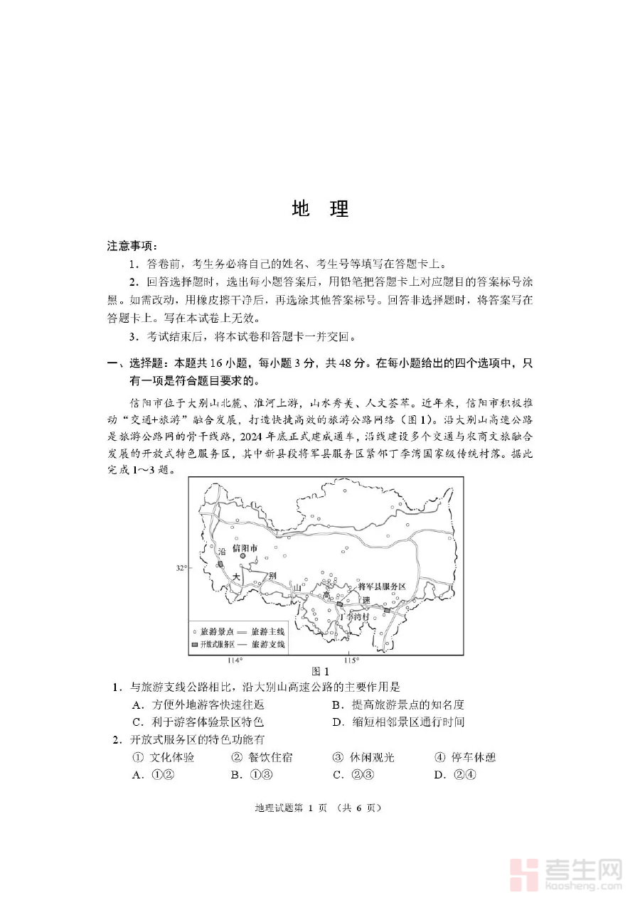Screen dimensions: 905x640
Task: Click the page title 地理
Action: click(x=320, y=209)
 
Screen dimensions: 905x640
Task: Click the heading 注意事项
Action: click(x=131, y=246)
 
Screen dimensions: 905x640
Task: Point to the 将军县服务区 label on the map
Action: click(x=381, y=587)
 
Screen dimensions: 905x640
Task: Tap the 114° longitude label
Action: click(x=235, y=660)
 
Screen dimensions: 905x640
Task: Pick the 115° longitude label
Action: click(x=351, y=660)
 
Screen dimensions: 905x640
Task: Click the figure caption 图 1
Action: click(x=321, y=671)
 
